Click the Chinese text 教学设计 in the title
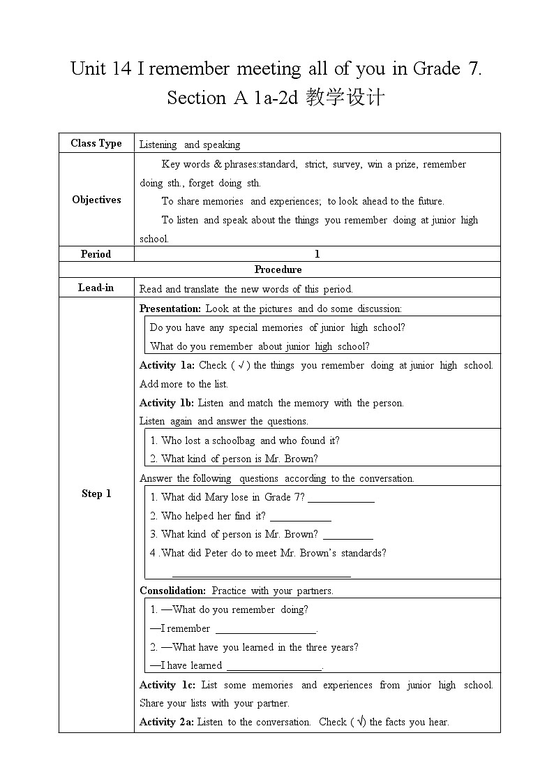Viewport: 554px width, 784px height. (345, 98)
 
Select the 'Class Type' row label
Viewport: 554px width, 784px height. (96, 143)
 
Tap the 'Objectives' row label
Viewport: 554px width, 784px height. (96, 200)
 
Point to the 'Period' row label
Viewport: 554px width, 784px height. (96, 254)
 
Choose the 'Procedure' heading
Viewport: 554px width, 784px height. (278, 269)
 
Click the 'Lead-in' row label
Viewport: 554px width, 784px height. (96, 288)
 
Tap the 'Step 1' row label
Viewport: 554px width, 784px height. (96, 494)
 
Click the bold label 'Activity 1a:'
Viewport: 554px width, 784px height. (167, 365)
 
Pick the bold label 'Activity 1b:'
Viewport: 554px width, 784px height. (167, 403)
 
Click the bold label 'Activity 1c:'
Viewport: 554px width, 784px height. (167, 685)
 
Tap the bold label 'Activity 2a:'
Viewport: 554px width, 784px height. (167, 722)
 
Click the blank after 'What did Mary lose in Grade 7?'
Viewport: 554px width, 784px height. (341, 500)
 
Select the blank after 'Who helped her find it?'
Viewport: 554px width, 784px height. (301, 519)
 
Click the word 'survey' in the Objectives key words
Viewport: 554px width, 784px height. (347, 164)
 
